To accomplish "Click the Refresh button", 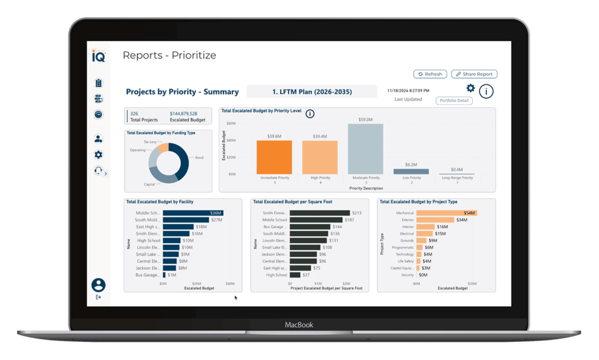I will point(430,74).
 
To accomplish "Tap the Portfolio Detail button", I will point(454,101).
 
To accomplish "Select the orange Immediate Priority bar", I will point(274,157).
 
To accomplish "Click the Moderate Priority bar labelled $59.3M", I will point(366,149).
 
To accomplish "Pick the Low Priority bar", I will point(411,172).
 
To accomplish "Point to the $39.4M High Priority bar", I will point(320,157).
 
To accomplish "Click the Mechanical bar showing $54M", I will point(446,213).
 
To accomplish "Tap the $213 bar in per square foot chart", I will point(319,213).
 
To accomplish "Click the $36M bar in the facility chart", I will point(192,213).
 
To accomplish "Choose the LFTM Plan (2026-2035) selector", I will point(312,92).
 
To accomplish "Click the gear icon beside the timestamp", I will point(470,88).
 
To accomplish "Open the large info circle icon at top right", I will point(486,91).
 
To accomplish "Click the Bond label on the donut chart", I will point(199,157).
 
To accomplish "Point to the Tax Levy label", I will point(150,142).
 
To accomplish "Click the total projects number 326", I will point(134,114).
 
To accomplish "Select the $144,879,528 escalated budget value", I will point(183,114).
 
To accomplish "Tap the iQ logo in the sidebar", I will point(98,56).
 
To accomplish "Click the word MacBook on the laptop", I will point(299,325).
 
